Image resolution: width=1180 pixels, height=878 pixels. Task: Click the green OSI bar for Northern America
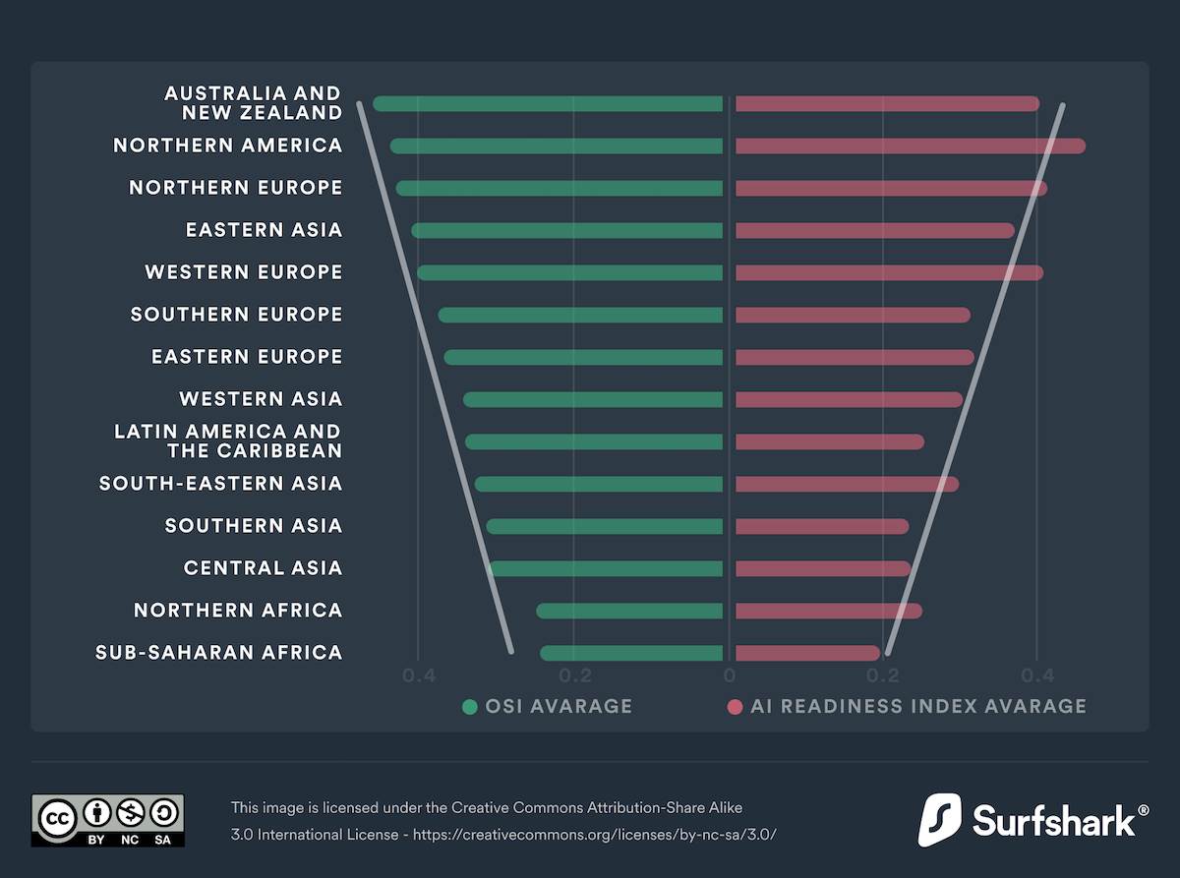(x=557, y=146)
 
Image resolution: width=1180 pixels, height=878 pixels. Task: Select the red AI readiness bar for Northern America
(x=910, y=146)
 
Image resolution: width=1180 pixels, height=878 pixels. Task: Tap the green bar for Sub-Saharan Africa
(x=631, y=653)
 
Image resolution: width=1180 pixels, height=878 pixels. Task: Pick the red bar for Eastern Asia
(x=874, y=230)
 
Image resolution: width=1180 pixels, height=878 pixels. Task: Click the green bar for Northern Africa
(x=629, y=611)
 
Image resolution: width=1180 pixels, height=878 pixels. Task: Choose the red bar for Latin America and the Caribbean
(x=829, y=441)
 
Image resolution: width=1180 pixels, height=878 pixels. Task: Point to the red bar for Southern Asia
(x=821, y=526)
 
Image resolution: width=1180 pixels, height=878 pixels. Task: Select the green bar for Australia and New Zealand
(x=548, y=103)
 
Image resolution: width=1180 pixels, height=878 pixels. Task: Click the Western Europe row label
(x=244, y=272)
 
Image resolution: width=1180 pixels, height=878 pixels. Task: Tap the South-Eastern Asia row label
(x=221, y=484)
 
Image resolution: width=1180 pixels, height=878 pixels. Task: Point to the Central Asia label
(x=263, y=568)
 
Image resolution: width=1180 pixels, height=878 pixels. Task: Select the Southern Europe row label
(x=237, y=315)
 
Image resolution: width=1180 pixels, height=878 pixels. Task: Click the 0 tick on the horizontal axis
(x=729, y=675)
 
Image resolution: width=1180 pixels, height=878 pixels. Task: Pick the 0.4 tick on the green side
(x=419, y=675)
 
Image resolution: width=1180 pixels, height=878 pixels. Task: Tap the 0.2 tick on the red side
(x=883, y=675)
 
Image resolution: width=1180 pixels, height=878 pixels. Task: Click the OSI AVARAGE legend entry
(x=548, y=706)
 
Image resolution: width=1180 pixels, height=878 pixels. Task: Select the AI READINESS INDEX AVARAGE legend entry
(x=906, y=706)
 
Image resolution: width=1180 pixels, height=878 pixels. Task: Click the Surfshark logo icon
(x=939, y=820)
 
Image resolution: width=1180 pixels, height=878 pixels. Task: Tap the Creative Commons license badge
(x=107, y=820)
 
